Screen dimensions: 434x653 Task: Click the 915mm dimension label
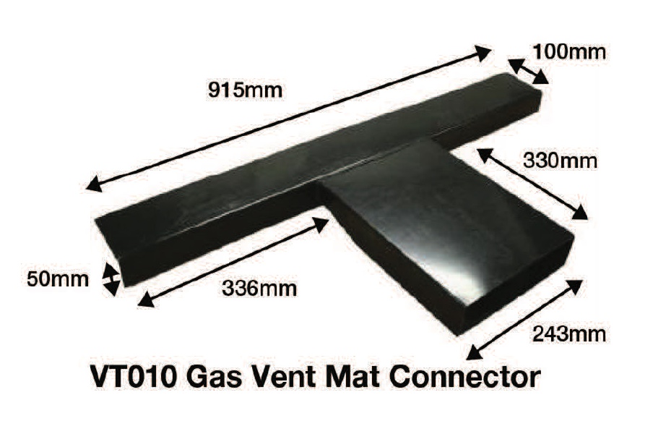[x=243, y=91]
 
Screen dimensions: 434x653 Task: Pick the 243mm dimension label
[x=568, y=333]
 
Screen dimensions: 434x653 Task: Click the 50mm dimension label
[x=57, y=278]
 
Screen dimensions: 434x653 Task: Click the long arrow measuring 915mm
[x=289, y=119]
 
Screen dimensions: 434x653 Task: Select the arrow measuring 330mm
[x=532, y=182]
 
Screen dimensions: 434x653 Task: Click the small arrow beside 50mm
[x=111, y=279]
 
